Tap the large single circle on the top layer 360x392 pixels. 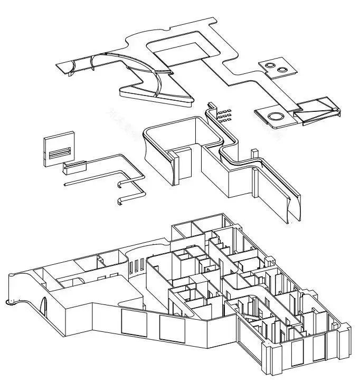pyautogui.click(x=276, y=117)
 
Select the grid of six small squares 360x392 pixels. pyautogui.click(x=224, y=114)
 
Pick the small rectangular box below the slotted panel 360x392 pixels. pyautogui.click(x=74, y=168)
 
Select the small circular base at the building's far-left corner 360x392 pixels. pyautogui.click(x=10, y=302)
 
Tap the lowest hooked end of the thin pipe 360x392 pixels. pyautogui.click(x=120, y=201)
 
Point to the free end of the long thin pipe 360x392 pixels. pyautogui.click(x=65, y=185)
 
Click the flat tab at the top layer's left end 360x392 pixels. pyautogui.click(x=65, y=67)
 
